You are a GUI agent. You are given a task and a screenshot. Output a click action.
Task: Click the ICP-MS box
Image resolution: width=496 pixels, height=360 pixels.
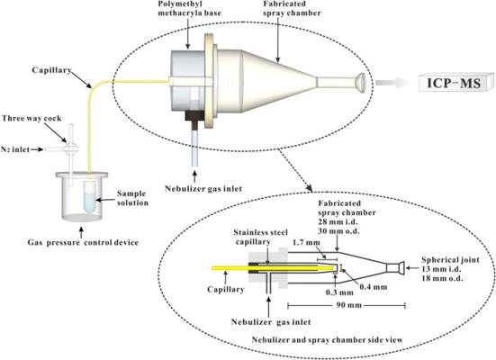tap(455, 82)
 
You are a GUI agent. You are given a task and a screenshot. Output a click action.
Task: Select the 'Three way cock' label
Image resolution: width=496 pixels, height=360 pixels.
tap(32, 118)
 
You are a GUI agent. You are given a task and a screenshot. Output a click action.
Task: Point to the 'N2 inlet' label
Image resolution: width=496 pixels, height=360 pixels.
tap(15, 149)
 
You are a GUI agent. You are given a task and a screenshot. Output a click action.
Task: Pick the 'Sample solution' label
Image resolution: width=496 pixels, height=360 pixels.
tap(132, 198)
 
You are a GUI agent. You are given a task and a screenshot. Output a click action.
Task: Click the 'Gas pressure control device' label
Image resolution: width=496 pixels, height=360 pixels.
tap(83, 243)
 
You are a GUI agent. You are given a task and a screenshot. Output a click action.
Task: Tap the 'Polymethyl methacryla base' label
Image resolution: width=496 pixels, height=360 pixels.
tap(189, 8)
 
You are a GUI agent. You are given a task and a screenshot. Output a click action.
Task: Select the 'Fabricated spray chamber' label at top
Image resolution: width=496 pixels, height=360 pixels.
tap(292, 8)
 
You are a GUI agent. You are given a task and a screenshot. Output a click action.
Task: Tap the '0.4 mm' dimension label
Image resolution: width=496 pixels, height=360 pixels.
tap(374, 287)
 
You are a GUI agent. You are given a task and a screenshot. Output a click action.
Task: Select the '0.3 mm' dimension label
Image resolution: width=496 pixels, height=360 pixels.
tap(339, 292)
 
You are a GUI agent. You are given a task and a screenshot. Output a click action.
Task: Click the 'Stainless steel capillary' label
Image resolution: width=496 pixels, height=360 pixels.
tap(260, 238)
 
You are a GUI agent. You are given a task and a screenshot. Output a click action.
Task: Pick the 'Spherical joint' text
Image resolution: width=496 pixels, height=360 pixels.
tap(450, 260)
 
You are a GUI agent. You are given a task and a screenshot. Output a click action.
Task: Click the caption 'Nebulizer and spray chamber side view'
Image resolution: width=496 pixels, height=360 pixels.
tap(327, 340)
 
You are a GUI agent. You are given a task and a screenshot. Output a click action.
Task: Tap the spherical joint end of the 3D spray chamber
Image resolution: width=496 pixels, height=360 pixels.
tap(360, 82)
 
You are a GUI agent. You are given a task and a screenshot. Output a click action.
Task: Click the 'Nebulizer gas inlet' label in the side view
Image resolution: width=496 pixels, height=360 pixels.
tap(271, 322)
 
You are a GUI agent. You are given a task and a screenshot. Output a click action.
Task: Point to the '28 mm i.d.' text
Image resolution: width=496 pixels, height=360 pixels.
tap(338, 221)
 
